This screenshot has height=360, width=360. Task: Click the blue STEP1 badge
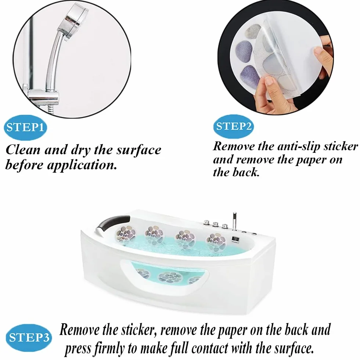coord(25,127)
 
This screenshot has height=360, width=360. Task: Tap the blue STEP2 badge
coord(234,126)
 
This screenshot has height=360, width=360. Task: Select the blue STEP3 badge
coord(29,338)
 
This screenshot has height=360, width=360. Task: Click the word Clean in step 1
coord(23,150)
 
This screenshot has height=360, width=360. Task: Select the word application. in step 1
coord(82,165)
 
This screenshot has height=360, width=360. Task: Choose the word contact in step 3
coord(210,348)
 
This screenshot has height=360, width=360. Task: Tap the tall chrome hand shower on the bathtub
coord(234,221)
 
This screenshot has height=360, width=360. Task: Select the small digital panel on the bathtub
coord(235,239)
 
